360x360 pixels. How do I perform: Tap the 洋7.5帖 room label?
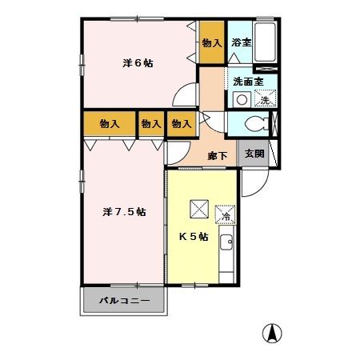(x=124, y=212)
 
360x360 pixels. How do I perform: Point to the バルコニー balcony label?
(x=124, y=302)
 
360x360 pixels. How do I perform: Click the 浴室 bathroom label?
(x=241, y=42)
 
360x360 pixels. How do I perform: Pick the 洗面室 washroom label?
(x=248, y=81)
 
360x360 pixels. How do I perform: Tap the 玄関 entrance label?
(x=254, y=154)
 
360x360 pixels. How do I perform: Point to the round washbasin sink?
(x=241, y=99)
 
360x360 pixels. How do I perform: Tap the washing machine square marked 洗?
(x=265, y=99)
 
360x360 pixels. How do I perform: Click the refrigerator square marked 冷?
(x=226, y=215)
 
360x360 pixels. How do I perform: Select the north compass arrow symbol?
(x=274, y=334)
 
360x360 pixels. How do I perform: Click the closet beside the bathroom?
(x=211, y=42)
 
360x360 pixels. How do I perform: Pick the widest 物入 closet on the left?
(x=110, y=124)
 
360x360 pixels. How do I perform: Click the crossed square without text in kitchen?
(x=198, y=209)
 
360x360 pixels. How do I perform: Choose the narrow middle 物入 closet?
(x=150, y=124)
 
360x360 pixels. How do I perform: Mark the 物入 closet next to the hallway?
(x=182, y=124)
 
